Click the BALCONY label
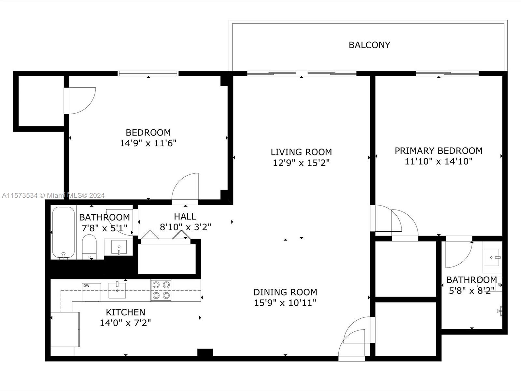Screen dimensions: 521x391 pos(369,45)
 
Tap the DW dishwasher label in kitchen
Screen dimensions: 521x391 pos(86,286)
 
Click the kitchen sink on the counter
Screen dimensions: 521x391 pos(117,290)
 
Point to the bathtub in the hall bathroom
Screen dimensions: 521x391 pos(63,233)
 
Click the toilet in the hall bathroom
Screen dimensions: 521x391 pos(89,247)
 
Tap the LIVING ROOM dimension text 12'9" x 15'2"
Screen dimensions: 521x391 pos(301,163)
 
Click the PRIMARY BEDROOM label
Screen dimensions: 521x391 pos(438,151)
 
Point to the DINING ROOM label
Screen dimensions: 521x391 pos(285,292)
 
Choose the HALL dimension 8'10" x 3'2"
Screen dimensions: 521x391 pos(185,227)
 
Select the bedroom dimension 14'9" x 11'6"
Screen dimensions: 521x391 pos(148,143)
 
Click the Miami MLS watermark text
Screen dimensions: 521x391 pos(53,195)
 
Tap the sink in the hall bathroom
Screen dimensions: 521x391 pos(119,247)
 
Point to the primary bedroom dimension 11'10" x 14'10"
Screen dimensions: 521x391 pos(438,161)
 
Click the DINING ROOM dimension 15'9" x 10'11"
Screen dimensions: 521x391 pos(285,303)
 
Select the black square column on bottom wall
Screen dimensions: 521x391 pos(205,352)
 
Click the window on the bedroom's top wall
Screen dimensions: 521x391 pos(148,73)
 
